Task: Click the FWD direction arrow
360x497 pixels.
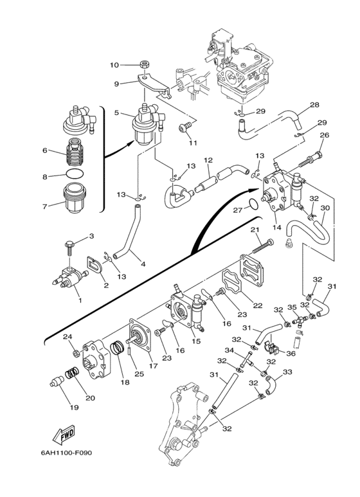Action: [x=64, y=433]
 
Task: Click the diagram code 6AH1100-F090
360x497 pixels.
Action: [x=66, y=453]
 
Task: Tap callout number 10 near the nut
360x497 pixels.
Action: [x=114, y=65]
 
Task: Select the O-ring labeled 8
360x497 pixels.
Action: [x=76, y=174]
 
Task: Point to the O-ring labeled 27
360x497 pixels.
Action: [x=253, y=204]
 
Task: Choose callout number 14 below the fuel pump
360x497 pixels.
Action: [x=277, y=227]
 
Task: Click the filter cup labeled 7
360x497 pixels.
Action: [x=75, y=198]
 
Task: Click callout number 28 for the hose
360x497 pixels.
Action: [x=314, y=104]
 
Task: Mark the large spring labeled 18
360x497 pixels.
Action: [x=117, y=350]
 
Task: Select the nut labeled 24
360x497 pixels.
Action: [x=76, y=353]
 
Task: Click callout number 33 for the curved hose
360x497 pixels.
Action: [x=287, y=372]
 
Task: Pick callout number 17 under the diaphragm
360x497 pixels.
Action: [x=153, y=365]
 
